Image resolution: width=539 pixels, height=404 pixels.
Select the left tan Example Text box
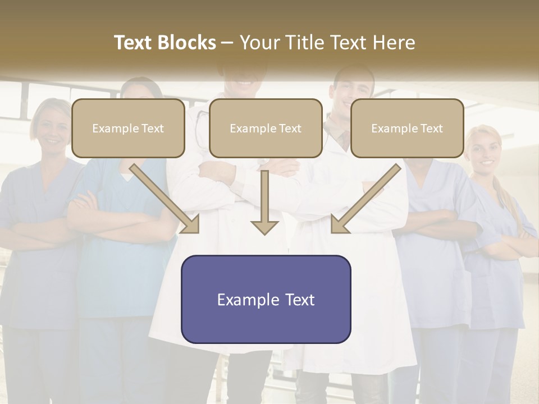coord(128,128)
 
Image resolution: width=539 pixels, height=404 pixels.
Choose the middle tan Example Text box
coord(266,128)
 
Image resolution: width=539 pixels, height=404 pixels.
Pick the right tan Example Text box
coord(407,128)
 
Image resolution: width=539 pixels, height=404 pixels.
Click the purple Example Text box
coord(266,299)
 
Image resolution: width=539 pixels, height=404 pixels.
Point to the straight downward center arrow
coord(264,202)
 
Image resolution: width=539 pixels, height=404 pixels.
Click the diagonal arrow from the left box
coord(166,199)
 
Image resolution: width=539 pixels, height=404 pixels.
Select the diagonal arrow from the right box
coord(365,199)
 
